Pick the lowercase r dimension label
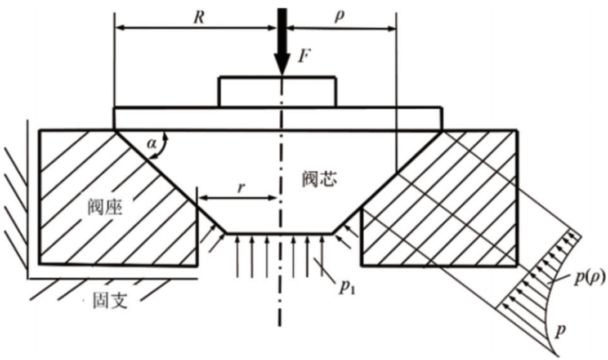(x=240, y=186)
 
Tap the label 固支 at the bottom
(x=110, y=302)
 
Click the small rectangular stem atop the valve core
(x=278, y=91)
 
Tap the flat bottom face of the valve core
(x=279, y=232)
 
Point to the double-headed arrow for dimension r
(x=237, y=198)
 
